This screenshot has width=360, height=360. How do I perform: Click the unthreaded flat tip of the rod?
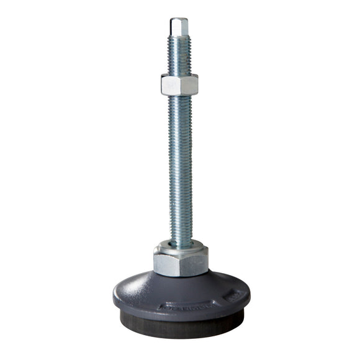(x=179, y=27)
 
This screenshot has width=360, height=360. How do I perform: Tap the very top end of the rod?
(x=179, y=19)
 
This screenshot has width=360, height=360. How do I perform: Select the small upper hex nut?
(x=179, y=84)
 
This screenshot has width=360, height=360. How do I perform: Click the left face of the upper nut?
(x=170, y=85)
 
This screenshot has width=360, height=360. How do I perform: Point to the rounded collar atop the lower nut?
(x=181, y=245)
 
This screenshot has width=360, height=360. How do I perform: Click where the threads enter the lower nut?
(x=181, y=240)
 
